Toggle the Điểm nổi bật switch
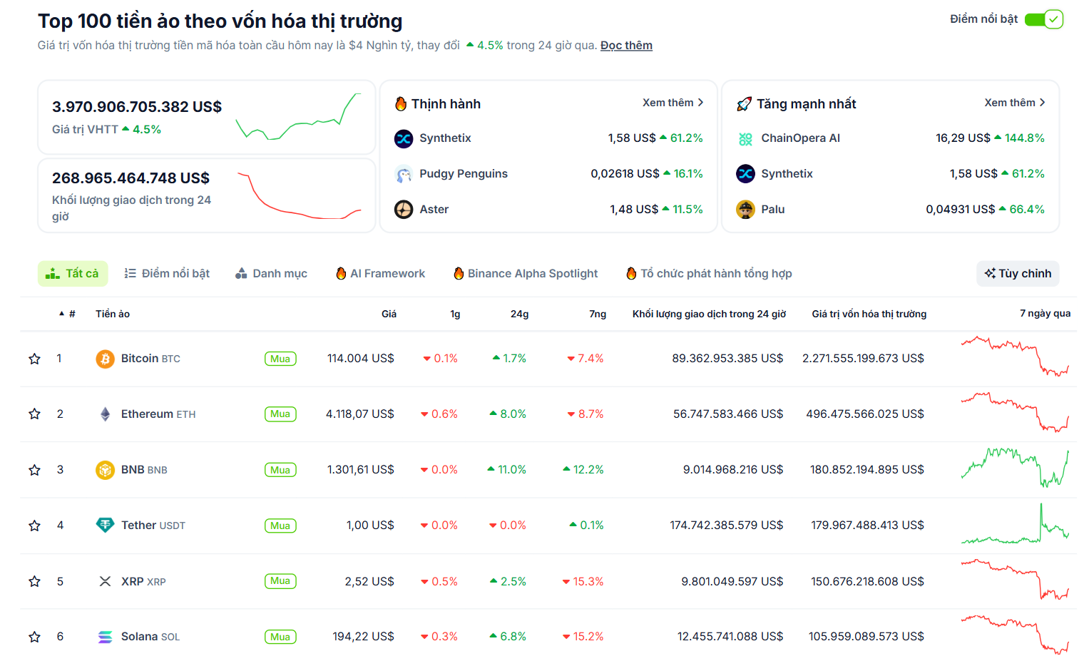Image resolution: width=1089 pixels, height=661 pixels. (1043, 19)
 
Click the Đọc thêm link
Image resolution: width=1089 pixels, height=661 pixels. (625, 46)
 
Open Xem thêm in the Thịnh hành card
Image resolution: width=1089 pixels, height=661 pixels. (672, 103)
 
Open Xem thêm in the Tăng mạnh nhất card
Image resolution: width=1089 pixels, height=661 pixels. (1014, 103)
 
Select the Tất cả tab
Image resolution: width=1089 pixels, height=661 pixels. (73, 274)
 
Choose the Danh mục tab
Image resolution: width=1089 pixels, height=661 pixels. (272, 274)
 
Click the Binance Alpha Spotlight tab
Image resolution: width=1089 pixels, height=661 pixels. (526, 274)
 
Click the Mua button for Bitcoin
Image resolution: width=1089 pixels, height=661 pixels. (280, 359)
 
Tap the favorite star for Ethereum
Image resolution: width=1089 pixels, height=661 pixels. (34, 414)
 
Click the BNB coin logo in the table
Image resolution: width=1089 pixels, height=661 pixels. (105, 470)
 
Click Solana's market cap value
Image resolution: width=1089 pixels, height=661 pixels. (866, 637)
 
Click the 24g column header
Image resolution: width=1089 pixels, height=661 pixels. (519, 314)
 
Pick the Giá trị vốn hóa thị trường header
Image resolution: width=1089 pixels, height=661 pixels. (869, 314)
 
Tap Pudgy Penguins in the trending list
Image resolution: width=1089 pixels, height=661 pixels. (463, 174)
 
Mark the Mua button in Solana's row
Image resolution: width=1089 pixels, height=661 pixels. (280, 637)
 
